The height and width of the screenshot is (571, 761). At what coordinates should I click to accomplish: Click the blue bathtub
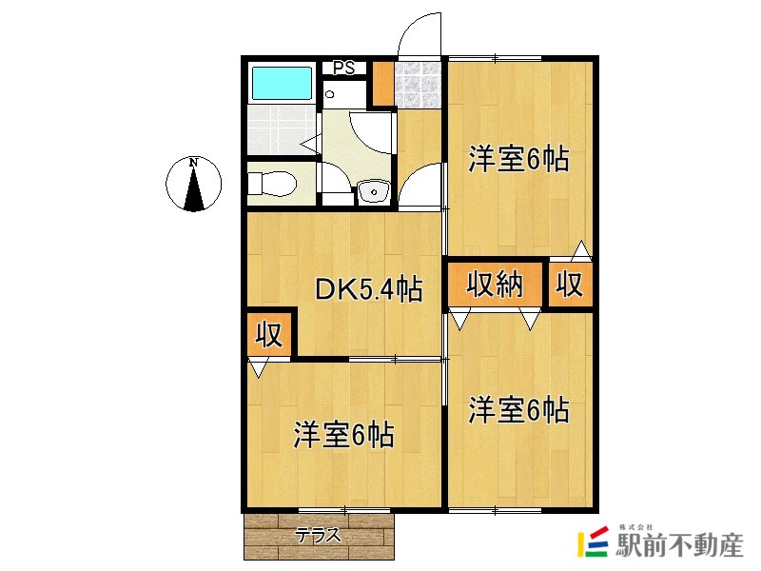(x=282, y=83)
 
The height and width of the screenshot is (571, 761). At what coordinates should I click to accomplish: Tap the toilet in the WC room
(x=272, y=184)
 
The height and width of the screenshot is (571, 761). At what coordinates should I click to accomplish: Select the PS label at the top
(x=344, y=68)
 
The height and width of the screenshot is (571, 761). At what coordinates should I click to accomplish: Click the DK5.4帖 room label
(x=369, y=289)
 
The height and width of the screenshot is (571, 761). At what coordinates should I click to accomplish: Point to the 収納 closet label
(x=495, y=284)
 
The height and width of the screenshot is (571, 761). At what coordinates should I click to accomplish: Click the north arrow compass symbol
(x=194, y=184)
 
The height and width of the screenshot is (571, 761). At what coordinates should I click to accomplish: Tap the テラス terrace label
(x=319, y=536)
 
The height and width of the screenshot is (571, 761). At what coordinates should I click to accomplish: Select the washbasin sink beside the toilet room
(x=374, y=191)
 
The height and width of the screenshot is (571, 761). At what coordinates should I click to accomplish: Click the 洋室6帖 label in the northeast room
(x=518, y=159)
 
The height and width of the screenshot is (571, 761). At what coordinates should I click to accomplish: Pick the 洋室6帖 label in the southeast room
(x=518, y=409)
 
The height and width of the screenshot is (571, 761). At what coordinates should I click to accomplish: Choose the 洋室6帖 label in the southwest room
(x=343, y=434)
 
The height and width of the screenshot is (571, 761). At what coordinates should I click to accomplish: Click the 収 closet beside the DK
(x=269, y=334)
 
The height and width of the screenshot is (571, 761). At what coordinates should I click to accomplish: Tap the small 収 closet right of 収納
(x=570, y=284)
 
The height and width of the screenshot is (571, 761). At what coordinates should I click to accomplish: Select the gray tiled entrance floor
(x=417, y=85)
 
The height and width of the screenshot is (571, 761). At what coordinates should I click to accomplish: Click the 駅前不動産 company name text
(x=679, y=545)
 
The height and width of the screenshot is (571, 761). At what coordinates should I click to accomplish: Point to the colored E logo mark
(x=593, y=541)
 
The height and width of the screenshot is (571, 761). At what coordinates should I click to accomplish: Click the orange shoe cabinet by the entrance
(x=383, y=83)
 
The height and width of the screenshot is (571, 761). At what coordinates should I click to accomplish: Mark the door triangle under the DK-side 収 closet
(x=258, y=367)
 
